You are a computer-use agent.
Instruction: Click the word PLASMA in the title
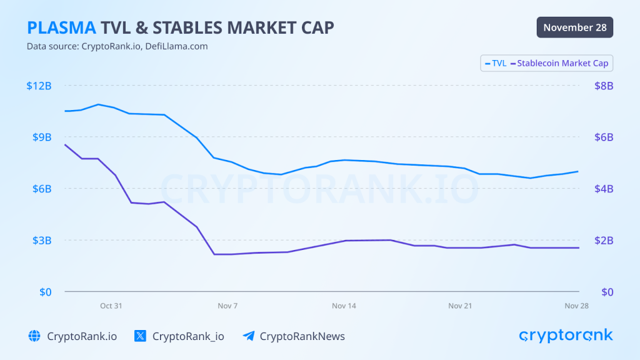point(61,27)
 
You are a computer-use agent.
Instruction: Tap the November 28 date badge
point(574,27)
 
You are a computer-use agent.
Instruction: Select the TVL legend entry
point(496,63)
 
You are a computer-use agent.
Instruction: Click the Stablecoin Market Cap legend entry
point(559,63)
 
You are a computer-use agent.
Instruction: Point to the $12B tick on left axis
point(39,86)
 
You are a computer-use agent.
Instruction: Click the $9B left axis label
point(41,137)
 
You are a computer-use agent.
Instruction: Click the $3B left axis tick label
point(41,240)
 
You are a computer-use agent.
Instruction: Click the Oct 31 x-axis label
point(111,306)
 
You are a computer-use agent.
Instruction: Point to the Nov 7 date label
point(227,306)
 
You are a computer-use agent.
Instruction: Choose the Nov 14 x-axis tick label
point(344,306)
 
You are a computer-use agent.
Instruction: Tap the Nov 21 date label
point(460,306)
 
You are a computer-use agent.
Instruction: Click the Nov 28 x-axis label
point(576,306)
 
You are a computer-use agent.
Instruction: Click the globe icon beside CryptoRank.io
point(34,336)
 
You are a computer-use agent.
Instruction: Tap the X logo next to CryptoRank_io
point(140,336)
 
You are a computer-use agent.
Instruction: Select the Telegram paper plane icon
point(248,336)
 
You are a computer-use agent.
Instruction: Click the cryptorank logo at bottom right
point(566,336)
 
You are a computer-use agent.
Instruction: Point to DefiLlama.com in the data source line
point(176,46)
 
